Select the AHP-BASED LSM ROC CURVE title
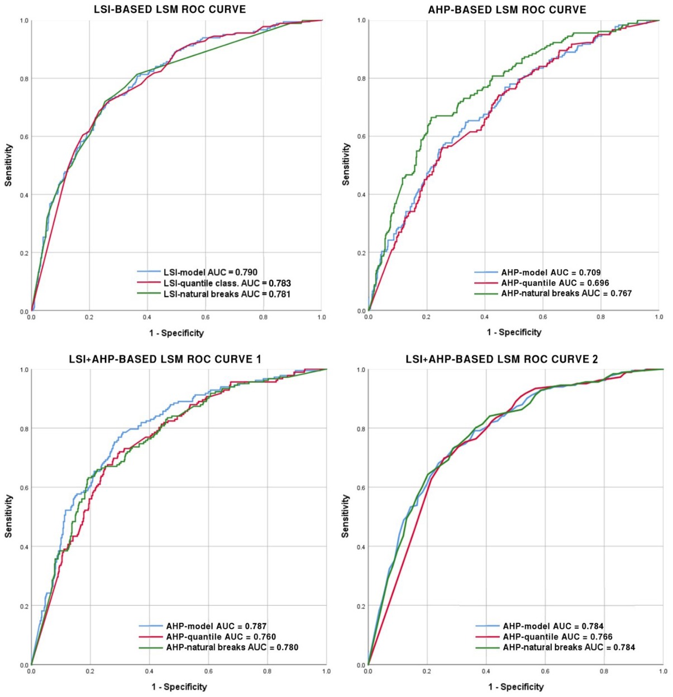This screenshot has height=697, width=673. [x=507, y=10]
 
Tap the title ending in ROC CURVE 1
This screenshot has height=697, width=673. [x=165, y=359]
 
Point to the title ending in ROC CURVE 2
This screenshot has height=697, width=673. [x=502, y=359]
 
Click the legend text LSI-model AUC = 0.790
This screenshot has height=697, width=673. [x=210, y=272]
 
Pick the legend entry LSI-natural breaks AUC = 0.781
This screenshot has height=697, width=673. [x=227, y=294]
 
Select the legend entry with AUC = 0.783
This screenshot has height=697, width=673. [x=227, y=283]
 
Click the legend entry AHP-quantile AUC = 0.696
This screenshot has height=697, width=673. [x=555, y=283]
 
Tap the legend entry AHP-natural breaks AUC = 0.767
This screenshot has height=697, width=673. [x=566, y=293]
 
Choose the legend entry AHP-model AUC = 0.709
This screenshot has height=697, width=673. [x=551, y=273]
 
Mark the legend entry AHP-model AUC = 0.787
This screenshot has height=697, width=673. [x=216, y=626]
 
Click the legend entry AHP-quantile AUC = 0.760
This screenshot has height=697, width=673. [x=221, y=637]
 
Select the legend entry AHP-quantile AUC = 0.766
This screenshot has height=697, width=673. [x=557, y=637]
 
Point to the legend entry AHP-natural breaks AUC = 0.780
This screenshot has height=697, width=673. [x=232, y=647]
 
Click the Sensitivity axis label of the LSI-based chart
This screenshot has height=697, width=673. [x=8, y=165]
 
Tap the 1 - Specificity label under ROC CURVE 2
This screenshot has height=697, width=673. [x=516, y=686]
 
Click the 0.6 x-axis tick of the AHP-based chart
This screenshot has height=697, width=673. [x=543, y=317]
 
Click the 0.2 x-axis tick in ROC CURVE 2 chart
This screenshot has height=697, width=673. [x=427, y=671]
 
